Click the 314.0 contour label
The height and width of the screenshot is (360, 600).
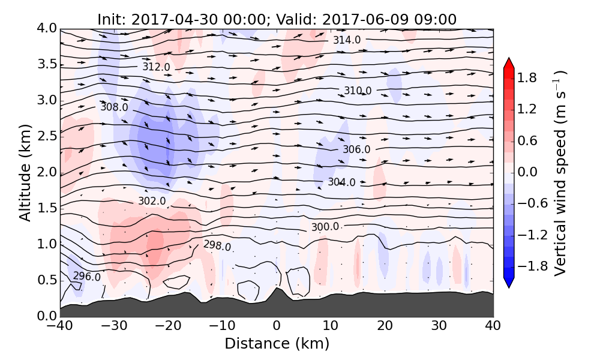[x=347, y=40]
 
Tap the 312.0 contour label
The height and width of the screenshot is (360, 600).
[x=156, y=67]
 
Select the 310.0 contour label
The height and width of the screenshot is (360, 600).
[x=358, y=91]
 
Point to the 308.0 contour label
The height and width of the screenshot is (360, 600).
[x=114, y=107]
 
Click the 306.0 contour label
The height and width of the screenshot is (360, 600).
[x=356, y=149]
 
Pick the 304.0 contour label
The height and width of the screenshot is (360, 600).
[x=341, y=182]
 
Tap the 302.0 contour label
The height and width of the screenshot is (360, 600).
[x=152, y=201]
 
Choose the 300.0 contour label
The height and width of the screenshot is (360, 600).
[x=325, y=227]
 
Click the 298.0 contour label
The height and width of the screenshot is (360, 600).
[x=217, y=245]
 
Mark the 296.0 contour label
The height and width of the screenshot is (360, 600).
[x=87, y=277]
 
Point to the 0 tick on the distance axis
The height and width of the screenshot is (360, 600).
[x=277, y=326]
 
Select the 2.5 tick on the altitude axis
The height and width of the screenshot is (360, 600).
[x=46, y=136]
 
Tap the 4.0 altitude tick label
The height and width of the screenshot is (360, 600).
[x=46, y=28]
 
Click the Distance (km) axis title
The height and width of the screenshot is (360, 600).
[x=277, y=344]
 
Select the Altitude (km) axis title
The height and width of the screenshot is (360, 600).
[x=25, y=172]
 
